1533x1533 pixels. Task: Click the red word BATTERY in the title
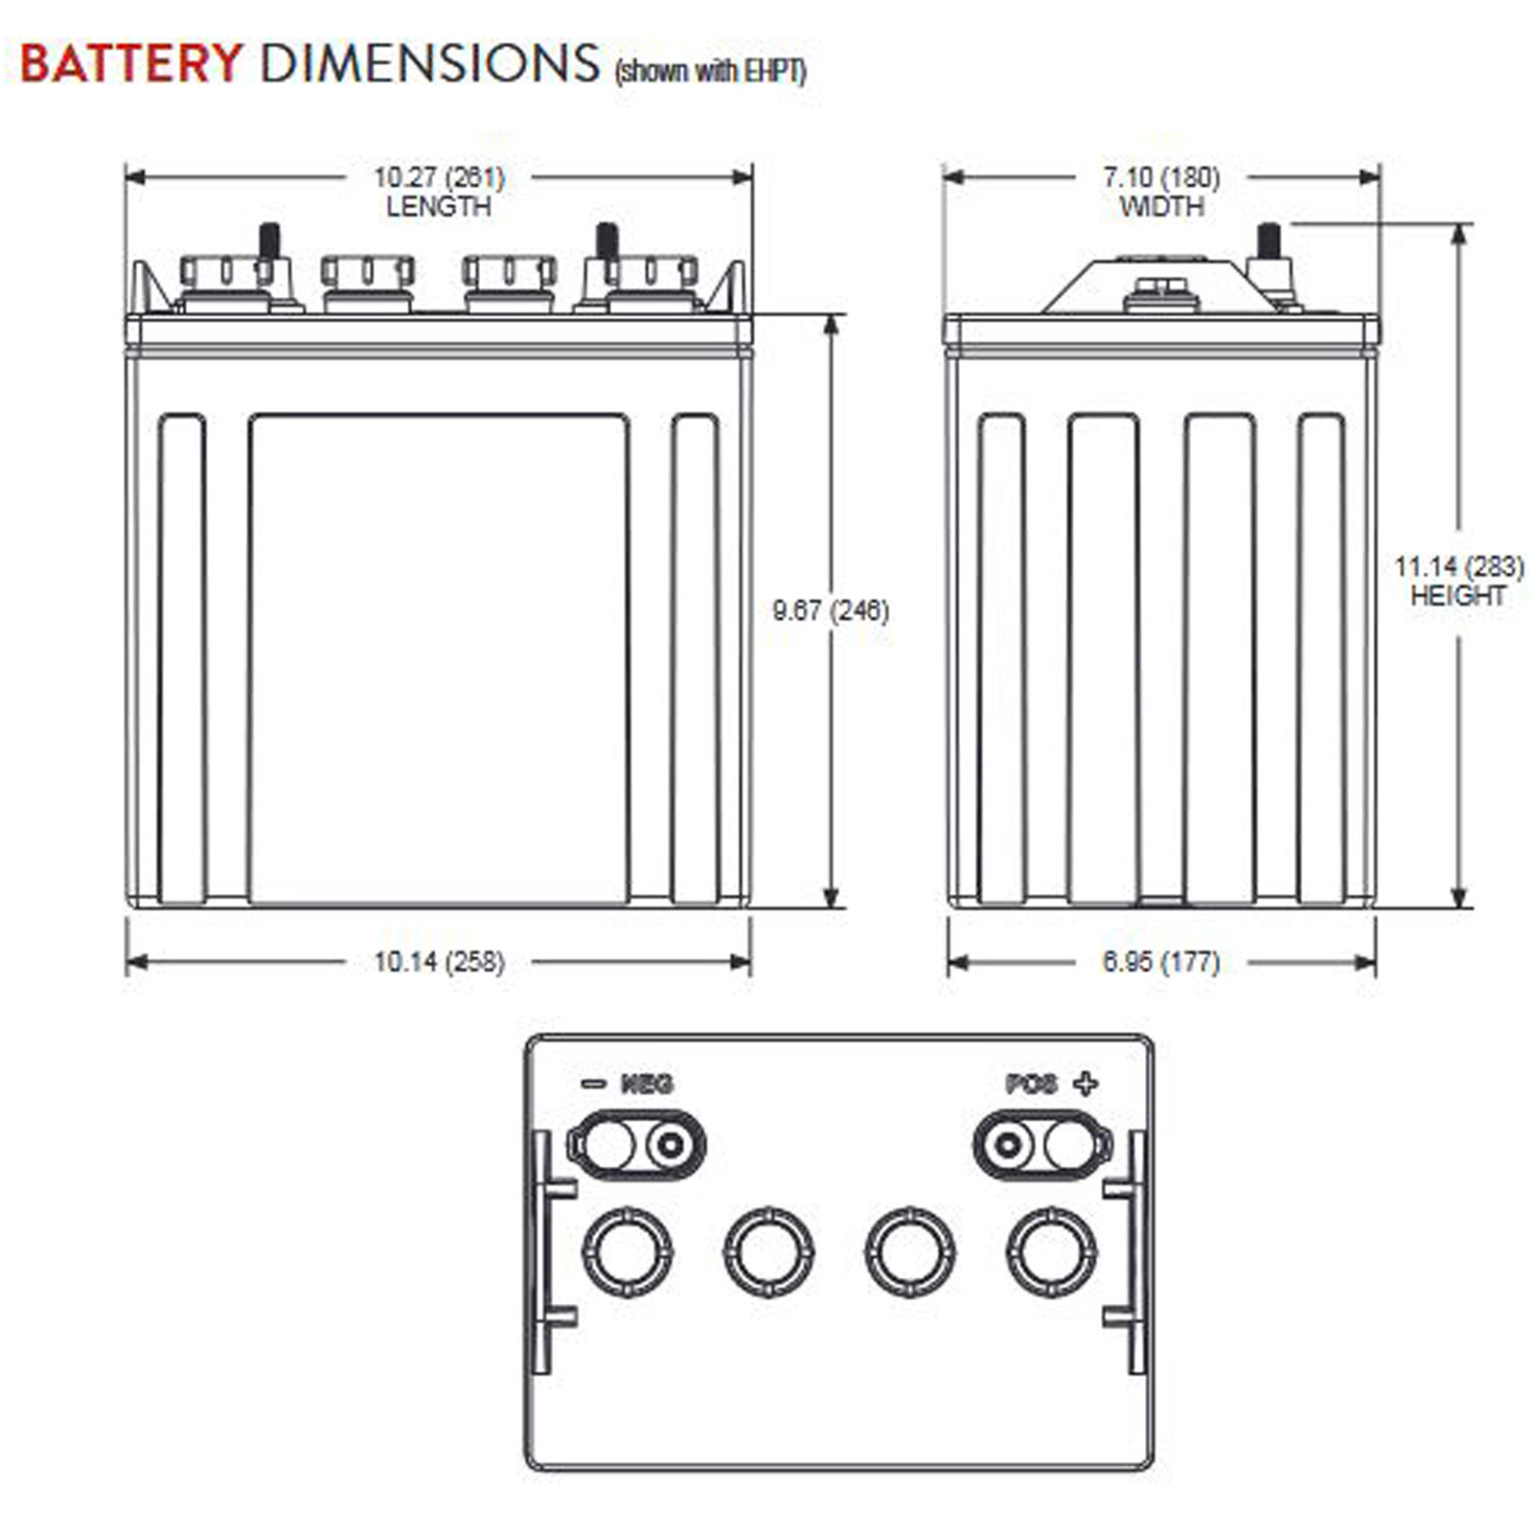click(x=130, y=64)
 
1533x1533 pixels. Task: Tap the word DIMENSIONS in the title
click(x=429, y=64)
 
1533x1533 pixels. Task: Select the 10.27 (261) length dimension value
click(x=439, y=177)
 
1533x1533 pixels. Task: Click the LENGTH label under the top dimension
click(x=439, y=206)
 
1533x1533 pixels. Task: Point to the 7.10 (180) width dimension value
click(x=1161, y=177)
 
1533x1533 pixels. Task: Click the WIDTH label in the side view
click(x=1161, y=206)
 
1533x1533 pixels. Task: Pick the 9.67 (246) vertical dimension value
click(x=831, y=610)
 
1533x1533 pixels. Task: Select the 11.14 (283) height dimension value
click(x=1458, y=566)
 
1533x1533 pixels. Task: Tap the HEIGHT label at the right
click(x=1458, y=595)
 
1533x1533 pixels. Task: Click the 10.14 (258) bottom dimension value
click(x=439, y=961)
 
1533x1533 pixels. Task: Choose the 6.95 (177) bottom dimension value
click(x=1161, y=961)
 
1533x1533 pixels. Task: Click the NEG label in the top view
click(x=647, y=1084)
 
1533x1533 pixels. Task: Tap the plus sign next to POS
click(x=1086, y=1084)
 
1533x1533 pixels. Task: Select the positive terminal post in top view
click(x=1007, y=1144)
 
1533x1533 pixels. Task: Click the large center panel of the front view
click(x=438, y=659)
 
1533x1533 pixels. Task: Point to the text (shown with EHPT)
click(x=709, y=72)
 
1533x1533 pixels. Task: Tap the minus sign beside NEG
click(x=593, y=1084)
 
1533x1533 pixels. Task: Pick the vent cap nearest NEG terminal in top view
click(x=628, y=1252)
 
